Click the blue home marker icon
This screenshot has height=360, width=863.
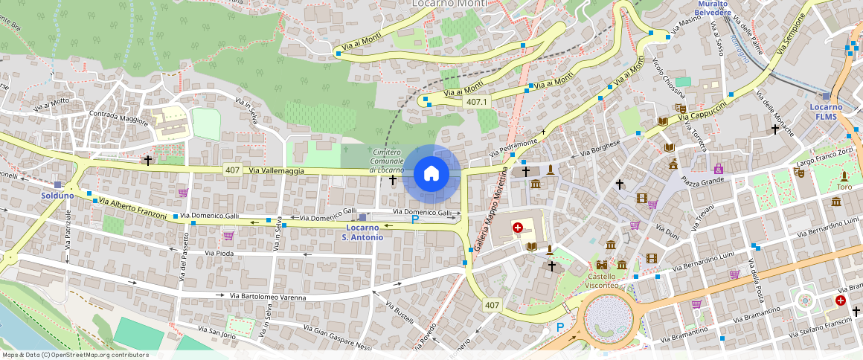[431, 174]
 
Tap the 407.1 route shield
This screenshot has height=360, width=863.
[476, 102]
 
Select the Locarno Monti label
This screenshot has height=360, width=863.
[450, 4]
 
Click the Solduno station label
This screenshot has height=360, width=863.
[57, 196]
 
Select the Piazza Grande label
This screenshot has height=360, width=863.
[703, 180]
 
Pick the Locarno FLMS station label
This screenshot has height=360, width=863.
[826, 112]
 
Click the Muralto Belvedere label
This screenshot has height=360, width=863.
[713, 8]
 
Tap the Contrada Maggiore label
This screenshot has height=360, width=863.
[118, 115]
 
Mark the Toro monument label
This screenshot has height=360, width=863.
[844, 187]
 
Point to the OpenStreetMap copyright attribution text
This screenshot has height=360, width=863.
[75, 355]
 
